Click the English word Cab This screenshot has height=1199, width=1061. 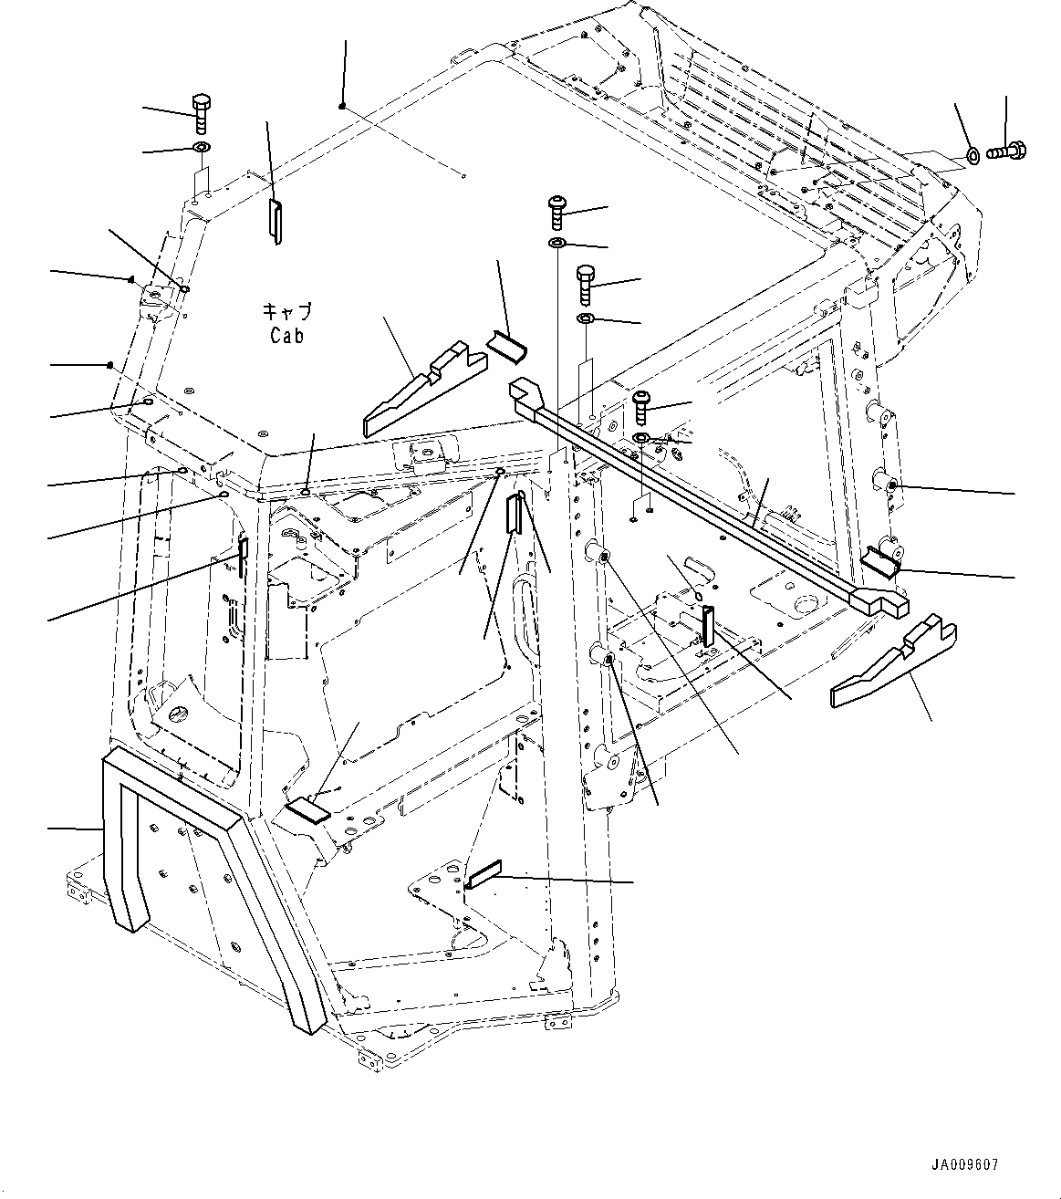point(286,335)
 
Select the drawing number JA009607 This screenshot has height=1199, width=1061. point(965,1165)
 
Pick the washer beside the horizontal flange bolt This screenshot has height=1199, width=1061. point(973,156)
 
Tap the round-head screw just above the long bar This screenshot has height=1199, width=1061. point(641,405)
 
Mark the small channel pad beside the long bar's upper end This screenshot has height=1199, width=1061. point(507,348)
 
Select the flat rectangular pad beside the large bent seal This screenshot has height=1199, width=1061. point(306,811)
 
